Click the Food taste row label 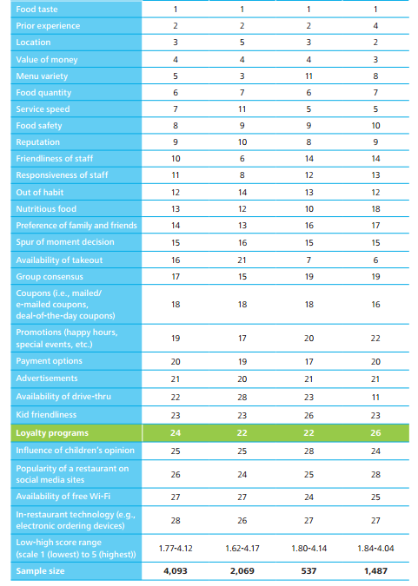tap(36, 10)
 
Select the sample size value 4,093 tap(176, 571)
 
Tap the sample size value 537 tap(309, 571)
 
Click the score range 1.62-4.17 tap(242, 549)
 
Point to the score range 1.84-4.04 tap(375, 549)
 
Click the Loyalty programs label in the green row tap(52, 433)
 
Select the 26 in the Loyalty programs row tap(375, 433)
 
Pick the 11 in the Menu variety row tap(309, 76)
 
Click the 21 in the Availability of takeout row tap(242, 260)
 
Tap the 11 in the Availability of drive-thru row tap(375, 398)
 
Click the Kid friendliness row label tap(46, 415)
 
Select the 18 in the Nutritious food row tap(375, 209)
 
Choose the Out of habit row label tap(40, 193)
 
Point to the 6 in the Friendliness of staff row tap(242, 159)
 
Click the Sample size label tap(40, 571)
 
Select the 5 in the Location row tap(242, 43)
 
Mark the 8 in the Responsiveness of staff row tap(242, 175)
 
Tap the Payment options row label tap(49, 361)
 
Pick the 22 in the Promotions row tap(375, 339)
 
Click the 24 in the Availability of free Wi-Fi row tap(309, 497)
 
